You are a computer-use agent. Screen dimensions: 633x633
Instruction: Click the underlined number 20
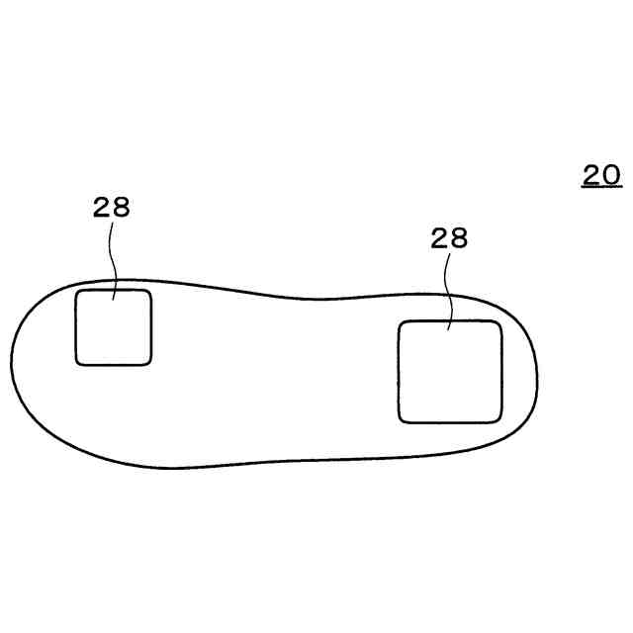click(x=601, y=175)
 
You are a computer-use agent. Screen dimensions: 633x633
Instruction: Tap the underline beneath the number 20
click(x=601, y=187)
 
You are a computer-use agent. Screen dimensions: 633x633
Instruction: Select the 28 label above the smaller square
click(x=112, y=207)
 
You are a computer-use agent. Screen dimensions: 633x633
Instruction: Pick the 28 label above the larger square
click(x=449, y=237)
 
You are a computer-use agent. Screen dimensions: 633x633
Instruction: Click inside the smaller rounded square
click(x=114, y=327)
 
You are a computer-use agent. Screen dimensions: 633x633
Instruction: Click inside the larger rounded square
click(x=450, y=372)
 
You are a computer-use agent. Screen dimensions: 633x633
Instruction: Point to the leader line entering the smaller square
click(x=113, y=261)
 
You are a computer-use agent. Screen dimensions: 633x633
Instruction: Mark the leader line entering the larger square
click(x=448, y=292)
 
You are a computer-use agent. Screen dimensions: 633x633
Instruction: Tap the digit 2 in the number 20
click(x=591, y=175)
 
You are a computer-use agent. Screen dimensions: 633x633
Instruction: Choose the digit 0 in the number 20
click(x=611, y=175)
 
